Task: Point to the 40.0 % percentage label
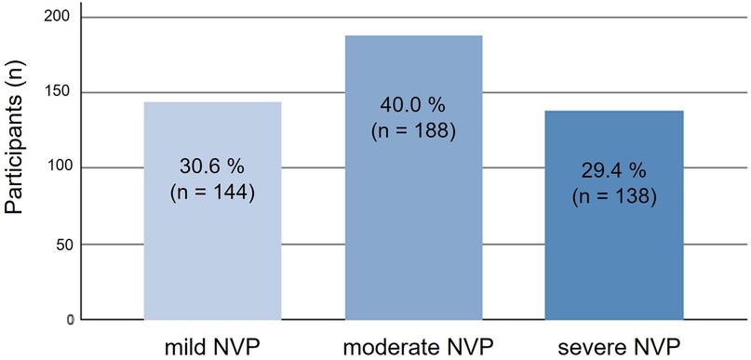(413, 104)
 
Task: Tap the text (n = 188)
(413, 130)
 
